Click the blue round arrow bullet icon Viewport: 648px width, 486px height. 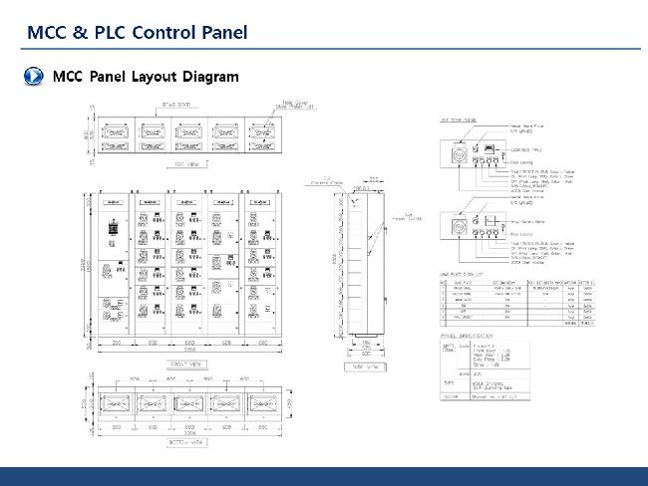[x=32, y=77]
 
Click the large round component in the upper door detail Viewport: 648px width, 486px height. [x=461, y=155]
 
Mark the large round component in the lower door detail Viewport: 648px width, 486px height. [x=461, y=226]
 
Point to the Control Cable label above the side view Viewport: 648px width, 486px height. [x=326, y=183]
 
